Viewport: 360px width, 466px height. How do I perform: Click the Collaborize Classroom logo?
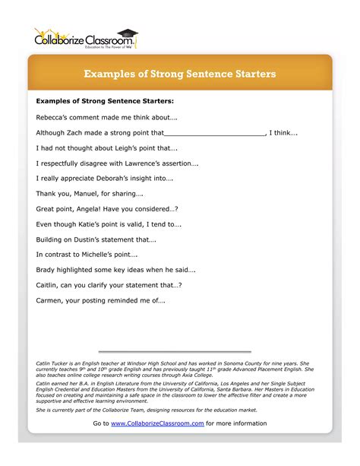coord(86,37)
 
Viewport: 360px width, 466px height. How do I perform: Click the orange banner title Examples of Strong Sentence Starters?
coord(179,74)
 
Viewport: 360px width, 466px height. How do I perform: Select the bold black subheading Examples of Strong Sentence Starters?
coord(105,100)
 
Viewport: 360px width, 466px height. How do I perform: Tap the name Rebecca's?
coord(52,117)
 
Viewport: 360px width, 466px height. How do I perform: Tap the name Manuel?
coord(81,194)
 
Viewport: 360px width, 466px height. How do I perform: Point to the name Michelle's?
coord(94,255)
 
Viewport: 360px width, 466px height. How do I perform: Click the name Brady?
coord(46,270)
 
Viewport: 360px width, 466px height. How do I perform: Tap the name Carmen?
coord(49,300)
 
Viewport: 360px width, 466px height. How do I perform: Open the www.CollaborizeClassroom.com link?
coord(157,423)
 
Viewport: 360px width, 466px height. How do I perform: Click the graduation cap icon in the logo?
coord(131,33)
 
